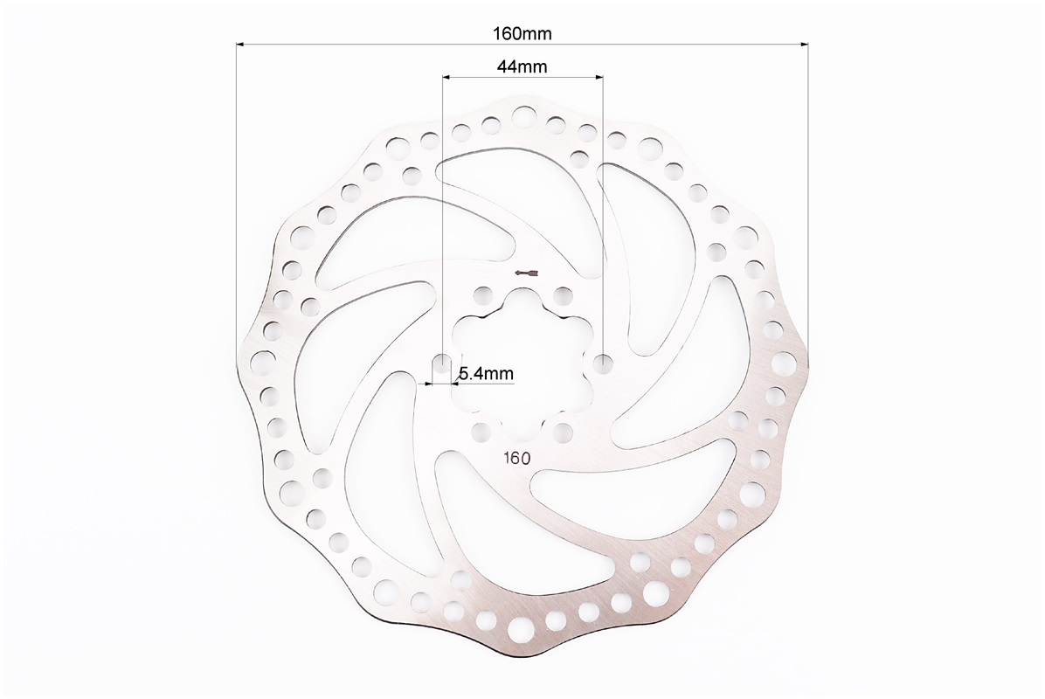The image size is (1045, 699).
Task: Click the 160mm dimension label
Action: (522, 33)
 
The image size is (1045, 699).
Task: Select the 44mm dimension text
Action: (522, 66)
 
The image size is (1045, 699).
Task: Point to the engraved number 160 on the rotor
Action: (517, 459)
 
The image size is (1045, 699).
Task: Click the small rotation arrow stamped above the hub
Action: (527, 273)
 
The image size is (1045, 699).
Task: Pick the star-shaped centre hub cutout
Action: (521, 363)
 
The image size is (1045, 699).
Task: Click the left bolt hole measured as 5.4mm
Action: (441, 363)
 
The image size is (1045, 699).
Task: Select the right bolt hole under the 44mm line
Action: (603, 363)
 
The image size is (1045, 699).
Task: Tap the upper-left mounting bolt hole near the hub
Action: (481, 294)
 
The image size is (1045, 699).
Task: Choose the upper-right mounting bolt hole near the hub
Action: (564, 294)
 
